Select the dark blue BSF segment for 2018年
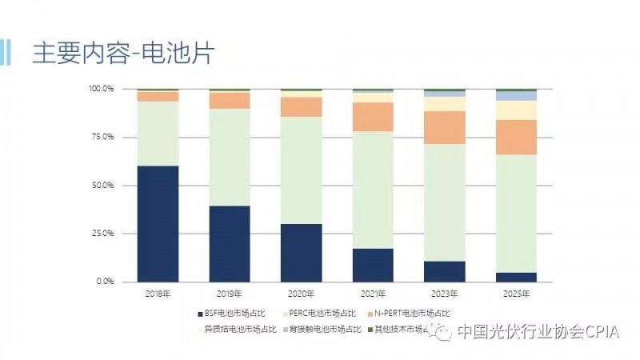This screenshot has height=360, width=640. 158,223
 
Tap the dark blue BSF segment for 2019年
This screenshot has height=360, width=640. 230,243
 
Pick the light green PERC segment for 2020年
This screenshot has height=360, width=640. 302,170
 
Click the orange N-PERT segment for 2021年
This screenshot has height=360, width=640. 373,117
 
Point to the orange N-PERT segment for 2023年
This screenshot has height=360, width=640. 445,127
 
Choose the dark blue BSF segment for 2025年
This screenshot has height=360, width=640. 516,277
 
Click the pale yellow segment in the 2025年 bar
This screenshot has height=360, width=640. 516,110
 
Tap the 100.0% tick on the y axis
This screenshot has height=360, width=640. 102,89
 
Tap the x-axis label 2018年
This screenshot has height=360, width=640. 158,294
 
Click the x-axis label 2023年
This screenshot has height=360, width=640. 445,294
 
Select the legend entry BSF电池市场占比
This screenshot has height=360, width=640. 233,314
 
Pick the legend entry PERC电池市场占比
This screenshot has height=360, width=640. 320,314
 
